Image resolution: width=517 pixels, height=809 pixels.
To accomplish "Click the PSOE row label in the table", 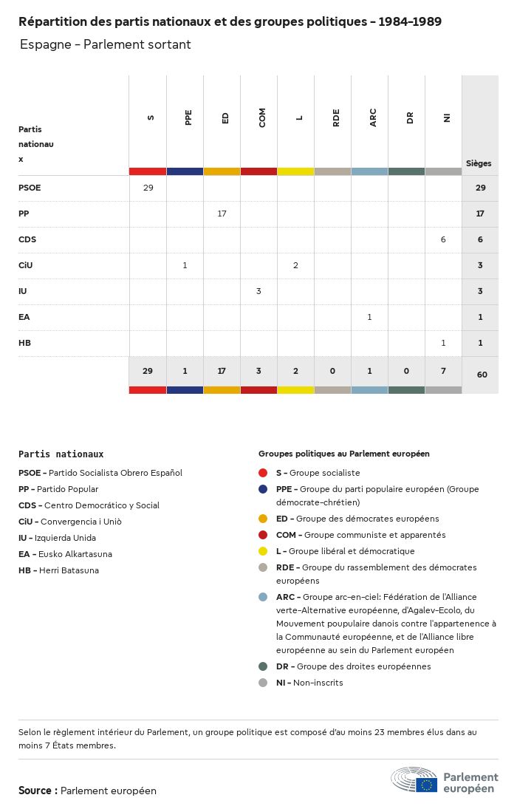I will (30, 188).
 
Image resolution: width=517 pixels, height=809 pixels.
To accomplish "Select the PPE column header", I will (188, 117).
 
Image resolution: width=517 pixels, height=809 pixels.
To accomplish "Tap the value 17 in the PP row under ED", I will (222, 214).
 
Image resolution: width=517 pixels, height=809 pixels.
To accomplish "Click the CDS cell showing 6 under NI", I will (443, 239).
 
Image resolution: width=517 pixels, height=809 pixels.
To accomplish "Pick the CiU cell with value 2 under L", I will (295, 265).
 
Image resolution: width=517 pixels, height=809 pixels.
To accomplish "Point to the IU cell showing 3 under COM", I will (258, 291).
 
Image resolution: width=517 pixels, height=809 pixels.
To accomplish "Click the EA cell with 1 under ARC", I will (369, 317).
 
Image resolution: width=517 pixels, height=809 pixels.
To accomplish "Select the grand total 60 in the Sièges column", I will (482, 375).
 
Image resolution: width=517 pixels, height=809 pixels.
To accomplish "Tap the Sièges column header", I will (479, 163).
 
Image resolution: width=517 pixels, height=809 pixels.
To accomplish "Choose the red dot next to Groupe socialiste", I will (263, 473).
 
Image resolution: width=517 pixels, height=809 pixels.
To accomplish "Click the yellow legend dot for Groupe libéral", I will (263, 551).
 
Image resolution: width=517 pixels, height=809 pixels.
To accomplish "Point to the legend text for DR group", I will (353, 666).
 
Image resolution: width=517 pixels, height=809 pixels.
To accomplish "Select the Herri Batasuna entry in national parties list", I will (58, 570).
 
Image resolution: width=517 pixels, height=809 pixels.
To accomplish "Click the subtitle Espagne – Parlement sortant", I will (105, 44).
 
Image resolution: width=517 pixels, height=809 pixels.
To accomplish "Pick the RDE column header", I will (336, 117).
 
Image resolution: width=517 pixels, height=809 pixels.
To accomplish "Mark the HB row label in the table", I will (24, 343).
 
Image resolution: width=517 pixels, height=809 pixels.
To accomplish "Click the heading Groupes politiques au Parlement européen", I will (343, 454).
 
